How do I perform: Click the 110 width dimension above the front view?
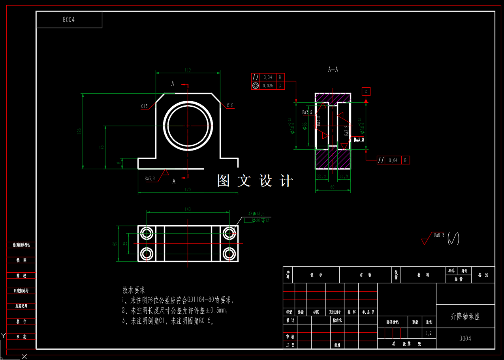pyautogui.click(x=187, y=70)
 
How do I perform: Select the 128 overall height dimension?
pyautogui.click(x=79, y=131)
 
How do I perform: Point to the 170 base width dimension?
pyautogui.click(x=188, y=190)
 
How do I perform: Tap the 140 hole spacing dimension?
pyautogui.click(x=188, y=209)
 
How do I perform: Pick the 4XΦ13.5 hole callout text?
pyautogui.click(x=256, y=213)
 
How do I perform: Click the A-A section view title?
pyautogui.click(x=333, y=70)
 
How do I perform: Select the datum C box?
pyautogui.click(x=366, y=92)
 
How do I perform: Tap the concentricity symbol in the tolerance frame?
pyautogui.click(x=256, y=85)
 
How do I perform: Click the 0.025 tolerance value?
pyautogui.click(x=268, y=85)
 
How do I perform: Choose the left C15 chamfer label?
pyautogui.click(x=144, y=106)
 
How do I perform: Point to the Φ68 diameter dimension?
pyautogui.click(x=305, y=126)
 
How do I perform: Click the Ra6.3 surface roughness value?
pyautogui.click(x=439, y=235)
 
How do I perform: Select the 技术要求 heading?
pyautogui.click(x=134, y=290)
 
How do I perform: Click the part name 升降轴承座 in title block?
pyautogui.click(x=465, y=317)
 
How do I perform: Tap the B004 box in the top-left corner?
pyautogui.click(x=69, y=20)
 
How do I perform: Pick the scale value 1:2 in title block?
pyautogui.click(x=429, y=333)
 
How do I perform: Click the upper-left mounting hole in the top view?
pyautogui.click(x=147, y=233)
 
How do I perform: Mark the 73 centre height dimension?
pyautogui.click(x=102, y=147)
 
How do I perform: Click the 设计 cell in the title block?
pyautogui.click(x=290, y=320)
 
